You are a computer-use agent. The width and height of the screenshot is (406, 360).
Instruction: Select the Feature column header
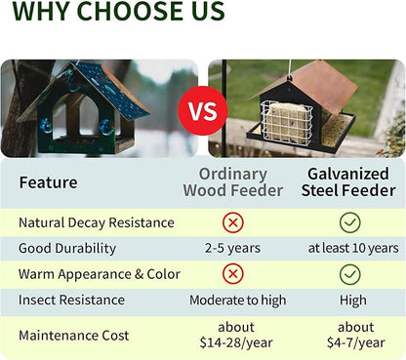point(49,182)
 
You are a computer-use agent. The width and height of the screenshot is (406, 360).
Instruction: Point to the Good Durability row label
point(67,248)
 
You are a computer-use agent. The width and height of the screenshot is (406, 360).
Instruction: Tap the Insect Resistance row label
point(71,300)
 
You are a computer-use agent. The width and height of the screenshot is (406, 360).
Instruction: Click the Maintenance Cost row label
point(73,335)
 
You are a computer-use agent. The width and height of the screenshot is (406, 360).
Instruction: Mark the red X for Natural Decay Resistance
point(234,222)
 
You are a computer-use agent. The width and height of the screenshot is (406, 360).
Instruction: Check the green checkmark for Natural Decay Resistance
point(350,222)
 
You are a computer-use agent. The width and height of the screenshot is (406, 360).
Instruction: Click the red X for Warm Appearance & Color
point(234,274)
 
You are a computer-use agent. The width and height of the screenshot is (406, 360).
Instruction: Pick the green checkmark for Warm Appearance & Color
point(350,274)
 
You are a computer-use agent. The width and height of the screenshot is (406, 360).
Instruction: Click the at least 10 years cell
point(352,249)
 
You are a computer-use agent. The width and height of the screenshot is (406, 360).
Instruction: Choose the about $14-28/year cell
point(234,335)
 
